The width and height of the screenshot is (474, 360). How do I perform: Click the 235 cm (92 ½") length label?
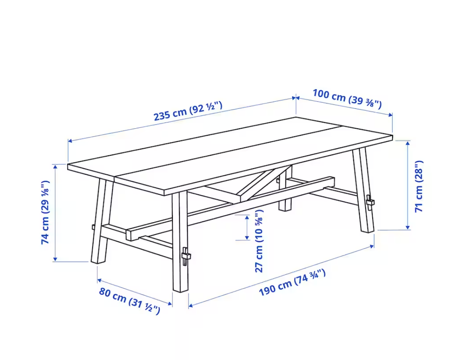pyautogui.click(x=188, y=111)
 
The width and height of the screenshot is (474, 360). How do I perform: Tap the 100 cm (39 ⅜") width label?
pyautogui.click(x=347, y=98)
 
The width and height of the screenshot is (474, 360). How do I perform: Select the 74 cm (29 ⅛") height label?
pyautogui.click(x=45, y=213)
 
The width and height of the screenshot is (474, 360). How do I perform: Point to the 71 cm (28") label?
pyautogui.click(x=419, y=186)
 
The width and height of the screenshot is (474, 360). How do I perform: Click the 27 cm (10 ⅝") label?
pyautogui.click(x=259, y=240)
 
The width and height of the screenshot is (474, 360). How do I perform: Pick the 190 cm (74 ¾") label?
pyautogui.click(x=292, y=282)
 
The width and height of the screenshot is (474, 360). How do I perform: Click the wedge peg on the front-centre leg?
pyautogui.click(x=186, y=256)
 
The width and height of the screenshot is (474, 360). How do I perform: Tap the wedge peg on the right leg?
pyautogui.click(x=370, y=203)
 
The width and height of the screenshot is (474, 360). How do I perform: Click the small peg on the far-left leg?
pyautogui.click(x=93, y=227)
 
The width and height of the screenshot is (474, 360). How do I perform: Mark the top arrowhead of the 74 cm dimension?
pyautogui.click(x=55, y=166)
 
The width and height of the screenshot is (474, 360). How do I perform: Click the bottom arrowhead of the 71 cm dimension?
pyautogui.click(x=408, y=227)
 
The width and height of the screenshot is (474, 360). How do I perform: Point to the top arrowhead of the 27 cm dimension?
pyautogui.click(x=247, y=217)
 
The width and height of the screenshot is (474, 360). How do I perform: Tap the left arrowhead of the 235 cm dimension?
pyautogui.click(x=70, y=141)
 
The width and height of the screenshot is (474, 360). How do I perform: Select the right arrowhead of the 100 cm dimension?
pyautogui.click(x=390, y=115)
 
